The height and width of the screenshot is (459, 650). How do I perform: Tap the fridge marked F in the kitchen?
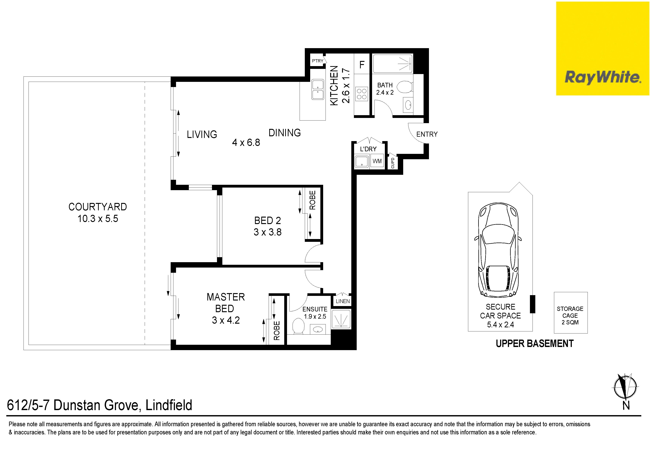pyautogui.click(x=362, y=64)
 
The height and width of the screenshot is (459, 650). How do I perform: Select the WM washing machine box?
pyautogui.click(x=377, y=161)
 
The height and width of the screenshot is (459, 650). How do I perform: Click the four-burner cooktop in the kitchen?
pyautogui.click(x=362, y=94)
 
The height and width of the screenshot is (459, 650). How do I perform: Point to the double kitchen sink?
pyautogui.click(x=318, y=89)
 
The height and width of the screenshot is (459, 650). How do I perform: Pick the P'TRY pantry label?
pyautogui.click(x=318, y=61)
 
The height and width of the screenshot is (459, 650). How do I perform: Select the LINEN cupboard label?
pyautogui.click(x=343, y=301)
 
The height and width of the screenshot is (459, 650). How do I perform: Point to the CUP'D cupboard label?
pyautogui.click(x=393, y=163)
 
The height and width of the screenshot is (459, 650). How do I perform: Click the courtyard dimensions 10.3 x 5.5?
pyautogui.click(x=98, y=219)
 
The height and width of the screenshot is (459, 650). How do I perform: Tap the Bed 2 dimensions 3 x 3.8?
pyautogui.click(x=268, y=232)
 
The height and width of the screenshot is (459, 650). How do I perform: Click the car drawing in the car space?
pyautogui.click(x=498, y=250)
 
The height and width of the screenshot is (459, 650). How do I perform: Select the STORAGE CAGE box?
pyautogui.click(x=571, y=313)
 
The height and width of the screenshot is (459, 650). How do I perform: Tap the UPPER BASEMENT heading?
pyautogui.click(x=535, y=344)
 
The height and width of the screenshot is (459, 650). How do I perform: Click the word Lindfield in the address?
pyautogui.click(x=169, y=405)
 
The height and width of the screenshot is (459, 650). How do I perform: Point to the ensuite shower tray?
pyautogui.click(x=341, y=319)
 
